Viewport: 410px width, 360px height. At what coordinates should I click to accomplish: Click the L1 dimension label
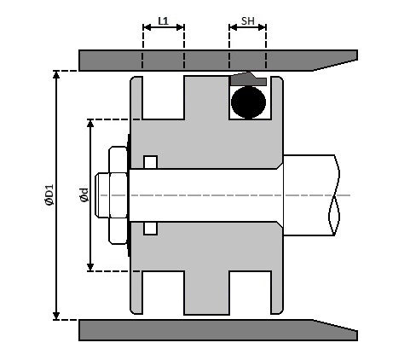click(163, 20)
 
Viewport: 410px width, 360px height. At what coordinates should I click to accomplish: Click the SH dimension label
click(248, 20)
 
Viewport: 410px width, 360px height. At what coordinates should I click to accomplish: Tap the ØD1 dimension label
click(49, 195)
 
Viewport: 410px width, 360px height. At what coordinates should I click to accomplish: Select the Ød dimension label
click(84, 195)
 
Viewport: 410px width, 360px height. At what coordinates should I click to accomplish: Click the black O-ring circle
click(248, 102)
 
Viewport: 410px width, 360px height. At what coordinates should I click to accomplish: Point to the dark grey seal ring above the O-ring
click(248, 79)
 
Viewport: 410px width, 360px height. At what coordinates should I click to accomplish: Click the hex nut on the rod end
click(118, 195)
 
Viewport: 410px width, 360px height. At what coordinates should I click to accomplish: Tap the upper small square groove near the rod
click(150, 162)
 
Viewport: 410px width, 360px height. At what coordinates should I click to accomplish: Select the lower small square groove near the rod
click(150, 229)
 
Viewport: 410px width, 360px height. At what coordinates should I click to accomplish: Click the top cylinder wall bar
click(218, 61)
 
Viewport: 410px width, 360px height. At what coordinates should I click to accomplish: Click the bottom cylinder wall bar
click(218, 330)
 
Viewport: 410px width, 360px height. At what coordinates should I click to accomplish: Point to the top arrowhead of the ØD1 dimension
click(56, 74)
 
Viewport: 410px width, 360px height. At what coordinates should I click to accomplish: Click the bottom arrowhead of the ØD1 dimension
click(56, 316)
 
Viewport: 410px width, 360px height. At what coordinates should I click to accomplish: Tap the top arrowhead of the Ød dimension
click(90, 123)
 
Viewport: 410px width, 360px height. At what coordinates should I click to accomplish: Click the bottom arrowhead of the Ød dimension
click(90, 267)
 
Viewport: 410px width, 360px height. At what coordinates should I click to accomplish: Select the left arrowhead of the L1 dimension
click(147, 27)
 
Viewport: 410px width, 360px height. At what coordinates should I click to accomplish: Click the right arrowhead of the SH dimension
click(262, 27)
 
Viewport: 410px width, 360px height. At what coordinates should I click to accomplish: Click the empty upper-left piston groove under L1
click(164, 97)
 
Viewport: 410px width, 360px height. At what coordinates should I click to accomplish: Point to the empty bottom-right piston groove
click(250, 293)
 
